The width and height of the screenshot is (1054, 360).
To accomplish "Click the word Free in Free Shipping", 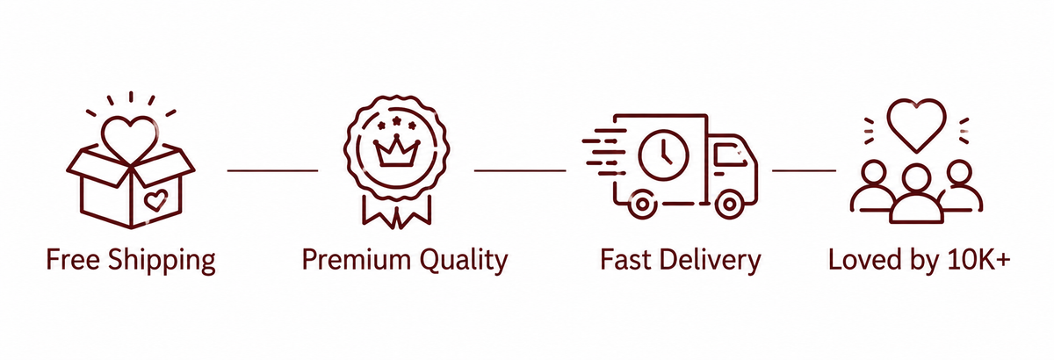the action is click(x=73, y=259).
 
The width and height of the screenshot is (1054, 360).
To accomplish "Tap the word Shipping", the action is click(x=162, y=261).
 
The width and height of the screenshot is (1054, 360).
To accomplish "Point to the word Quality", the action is click(x=464, y=261).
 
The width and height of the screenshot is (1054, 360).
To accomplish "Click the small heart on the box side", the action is click(x=155, y=200).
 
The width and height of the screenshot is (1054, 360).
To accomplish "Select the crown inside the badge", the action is click(x=397, y=151).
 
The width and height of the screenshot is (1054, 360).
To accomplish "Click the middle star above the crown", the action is click(x=397, y=120).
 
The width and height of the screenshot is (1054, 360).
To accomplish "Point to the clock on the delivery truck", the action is click(x=664, y=155).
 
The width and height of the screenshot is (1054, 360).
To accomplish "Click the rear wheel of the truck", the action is click(x=641, y=205).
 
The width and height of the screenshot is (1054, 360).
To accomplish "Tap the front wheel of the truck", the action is click(x=729, y=205).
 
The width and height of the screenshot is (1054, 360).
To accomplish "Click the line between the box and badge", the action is click(x=272, y=170).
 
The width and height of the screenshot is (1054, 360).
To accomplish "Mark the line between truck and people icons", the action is click(x=805, y=170).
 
